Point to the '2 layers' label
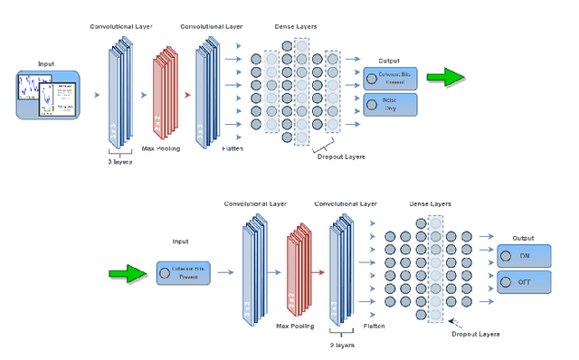point(343,345)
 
